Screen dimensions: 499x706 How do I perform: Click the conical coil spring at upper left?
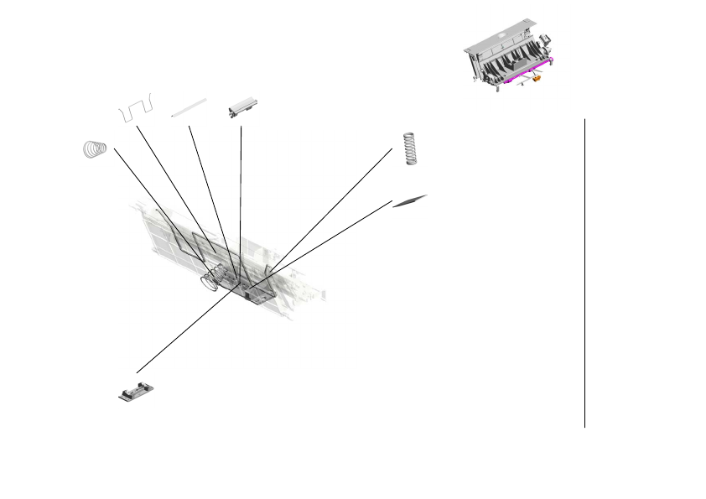(96, 149)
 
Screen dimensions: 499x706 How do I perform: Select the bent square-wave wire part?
(136, 107)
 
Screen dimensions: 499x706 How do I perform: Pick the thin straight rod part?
(189, 107)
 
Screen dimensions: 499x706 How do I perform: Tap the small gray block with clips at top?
(241, 109)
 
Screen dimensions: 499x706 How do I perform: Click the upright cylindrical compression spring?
(410, 148)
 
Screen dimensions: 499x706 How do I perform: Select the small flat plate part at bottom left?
(136, 391)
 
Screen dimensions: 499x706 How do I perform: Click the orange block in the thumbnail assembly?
(536, 81)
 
